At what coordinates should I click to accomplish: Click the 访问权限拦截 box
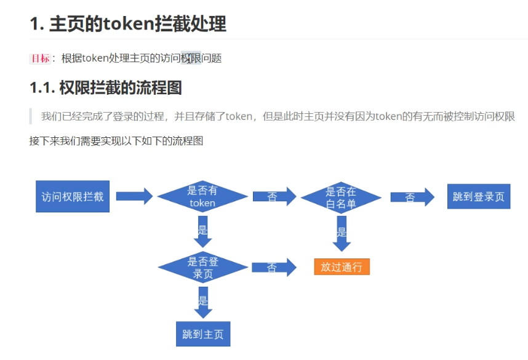point(73,196)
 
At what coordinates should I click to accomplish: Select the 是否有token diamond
point(202,196)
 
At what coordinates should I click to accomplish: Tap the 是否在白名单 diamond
point(341,197)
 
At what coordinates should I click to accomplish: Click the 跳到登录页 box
point(478,196)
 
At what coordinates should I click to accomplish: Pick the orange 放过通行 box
point(342,266)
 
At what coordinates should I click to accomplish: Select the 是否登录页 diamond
point(202,268)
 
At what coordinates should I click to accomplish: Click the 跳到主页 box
point(202,334)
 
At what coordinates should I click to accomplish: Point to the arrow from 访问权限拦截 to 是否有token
point(134,196)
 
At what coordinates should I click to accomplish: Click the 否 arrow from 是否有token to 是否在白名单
point(274,197)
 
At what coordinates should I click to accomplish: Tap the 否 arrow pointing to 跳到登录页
point(412,197)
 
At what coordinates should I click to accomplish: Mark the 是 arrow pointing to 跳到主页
point(202,302)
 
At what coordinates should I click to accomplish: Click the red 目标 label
point(40,58)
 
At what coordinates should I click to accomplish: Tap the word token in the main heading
point(129,24)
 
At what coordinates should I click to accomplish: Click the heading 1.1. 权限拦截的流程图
point(105,87)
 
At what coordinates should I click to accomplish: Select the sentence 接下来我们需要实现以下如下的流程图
point(116,141)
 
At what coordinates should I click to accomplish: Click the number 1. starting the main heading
point(36,24)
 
